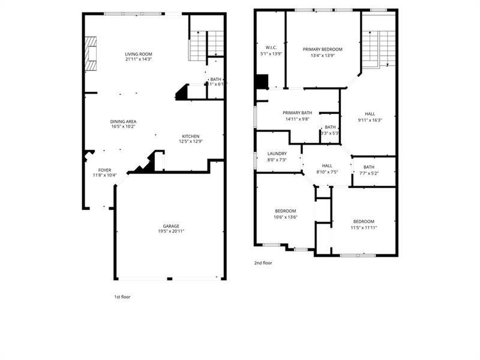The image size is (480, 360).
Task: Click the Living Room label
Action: pos(139,54)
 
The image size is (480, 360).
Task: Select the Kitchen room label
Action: pos(190,136)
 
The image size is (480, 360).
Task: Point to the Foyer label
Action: pos(104,170)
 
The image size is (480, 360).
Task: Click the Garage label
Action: pos(171,226)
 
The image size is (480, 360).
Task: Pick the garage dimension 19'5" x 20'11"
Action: pos(171,231)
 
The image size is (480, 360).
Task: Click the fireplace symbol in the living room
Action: pos(91,54)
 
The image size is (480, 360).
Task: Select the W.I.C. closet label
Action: pos(271,47)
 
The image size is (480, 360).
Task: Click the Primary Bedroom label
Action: pos(322,49)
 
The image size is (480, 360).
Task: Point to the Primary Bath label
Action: pos(298,113)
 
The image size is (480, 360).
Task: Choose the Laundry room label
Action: pos(277,154)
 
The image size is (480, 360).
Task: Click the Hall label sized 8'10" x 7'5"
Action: pos(327,166)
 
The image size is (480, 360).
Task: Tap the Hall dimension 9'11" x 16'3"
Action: pos(370,119)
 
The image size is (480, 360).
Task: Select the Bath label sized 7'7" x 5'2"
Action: pos(368,167)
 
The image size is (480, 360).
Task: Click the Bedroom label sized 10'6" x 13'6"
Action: pos(285,211)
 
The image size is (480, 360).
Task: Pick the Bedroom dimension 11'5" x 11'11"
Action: pos(364,227)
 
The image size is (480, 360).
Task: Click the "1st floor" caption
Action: pos(122,296)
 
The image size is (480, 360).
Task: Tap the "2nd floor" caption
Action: pos(263,262)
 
